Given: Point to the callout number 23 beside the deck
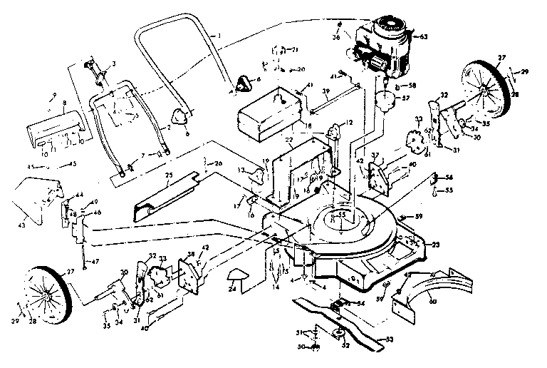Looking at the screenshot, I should (x=436, y=245).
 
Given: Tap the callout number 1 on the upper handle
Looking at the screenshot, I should (x=220, y=36).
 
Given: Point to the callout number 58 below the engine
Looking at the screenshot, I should (x=411, y=84).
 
